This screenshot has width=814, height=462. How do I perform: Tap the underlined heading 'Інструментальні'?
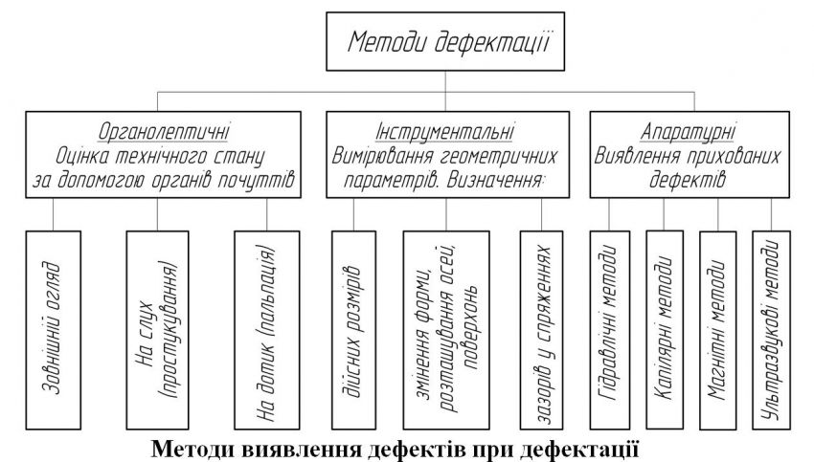tap(447, 128)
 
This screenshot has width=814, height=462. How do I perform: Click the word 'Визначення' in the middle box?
tap(521, 178)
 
